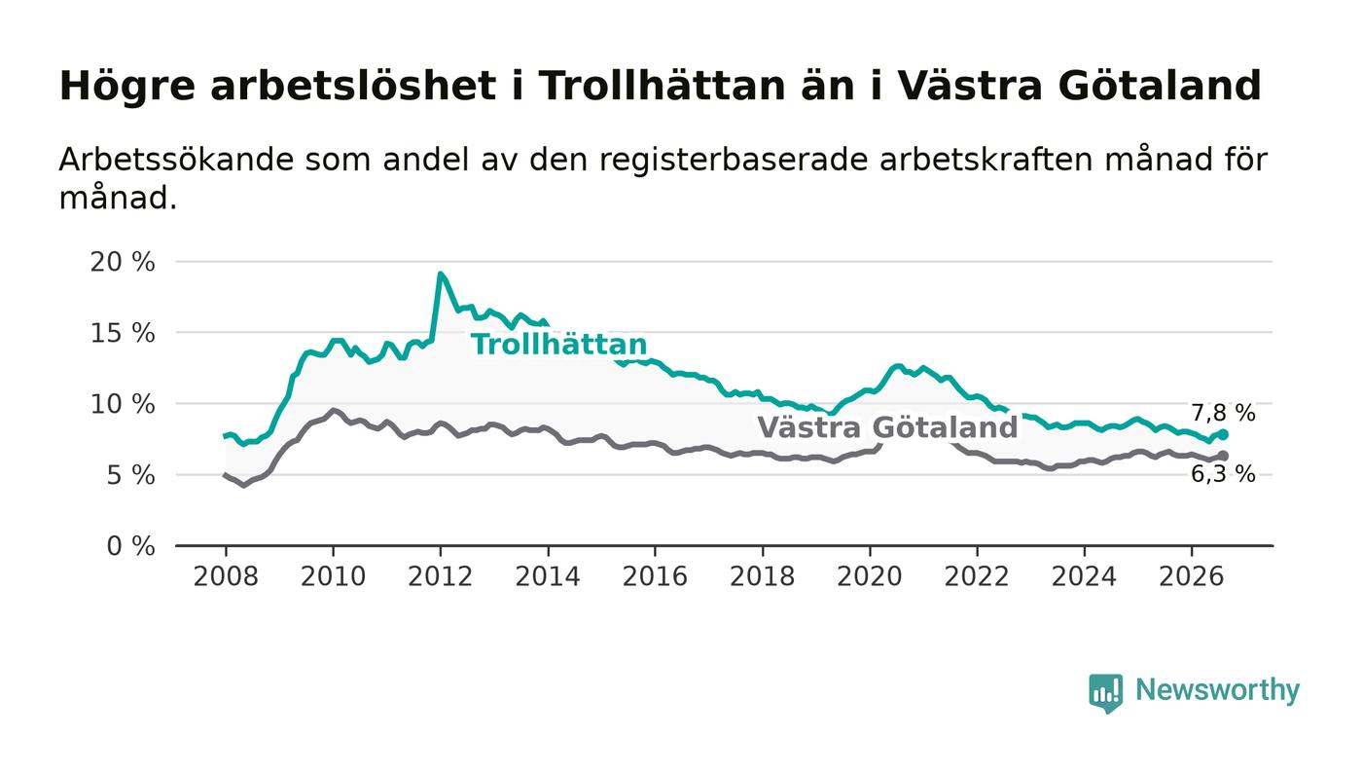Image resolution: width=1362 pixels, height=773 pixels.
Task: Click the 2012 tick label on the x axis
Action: point(440,576)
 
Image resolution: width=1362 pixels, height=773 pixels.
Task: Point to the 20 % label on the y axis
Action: point(123,262)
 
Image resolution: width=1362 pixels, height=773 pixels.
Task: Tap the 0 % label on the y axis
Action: point(130,546)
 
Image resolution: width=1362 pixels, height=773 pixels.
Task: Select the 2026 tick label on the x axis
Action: point(1191,576)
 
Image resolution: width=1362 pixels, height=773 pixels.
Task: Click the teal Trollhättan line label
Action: point(559,345)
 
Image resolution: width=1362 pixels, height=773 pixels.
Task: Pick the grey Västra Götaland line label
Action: point(887,427)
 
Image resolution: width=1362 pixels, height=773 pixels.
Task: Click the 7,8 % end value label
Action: point(1223,413)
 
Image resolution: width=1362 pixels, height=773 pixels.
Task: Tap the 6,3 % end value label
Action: point(1223,473)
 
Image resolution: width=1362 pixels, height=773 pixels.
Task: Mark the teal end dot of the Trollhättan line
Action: point(1223,434)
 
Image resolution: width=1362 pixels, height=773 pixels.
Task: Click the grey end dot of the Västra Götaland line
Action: point(1223,456)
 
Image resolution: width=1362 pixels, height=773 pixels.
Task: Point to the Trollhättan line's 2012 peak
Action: point(440,274)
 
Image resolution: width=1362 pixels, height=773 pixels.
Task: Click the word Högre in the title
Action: point(127,86)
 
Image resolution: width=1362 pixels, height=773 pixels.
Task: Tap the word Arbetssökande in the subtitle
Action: point(176,160)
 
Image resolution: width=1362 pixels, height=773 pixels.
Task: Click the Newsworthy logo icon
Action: point(1105,693)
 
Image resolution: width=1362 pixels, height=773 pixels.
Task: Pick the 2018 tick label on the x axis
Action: point(762,576)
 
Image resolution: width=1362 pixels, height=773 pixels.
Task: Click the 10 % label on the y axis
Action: point(123,404)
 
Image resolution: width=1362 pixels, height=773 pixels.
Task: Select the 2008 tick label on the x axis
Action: point(226,576)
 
